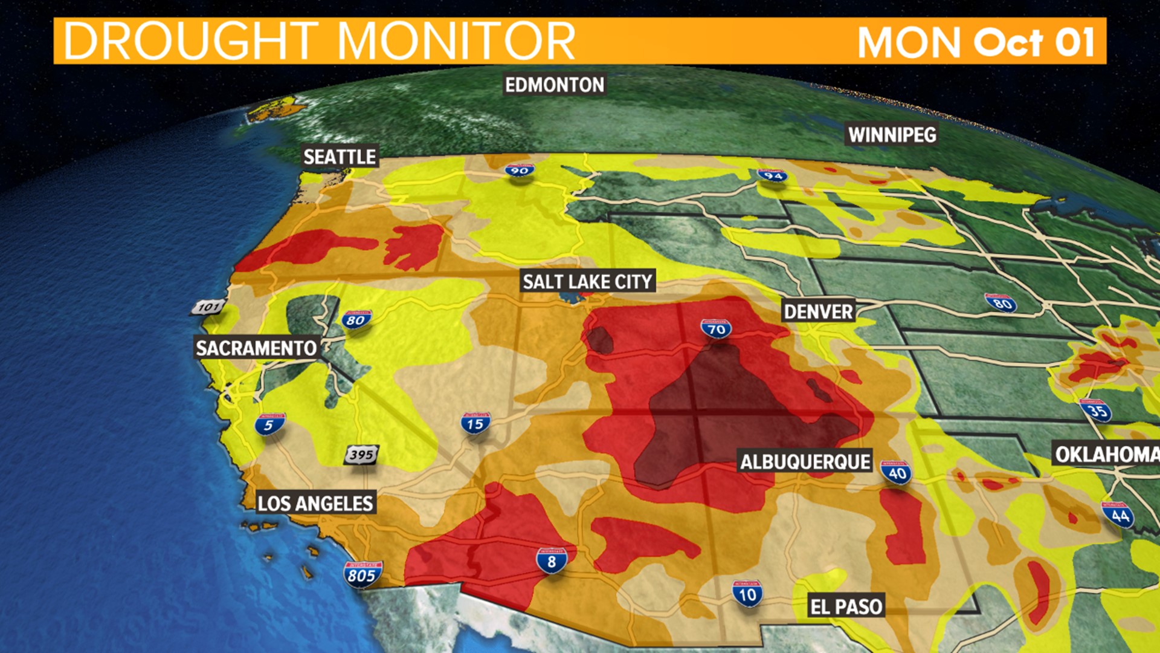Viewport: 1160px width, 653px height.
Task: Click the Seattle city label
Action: point(340,157)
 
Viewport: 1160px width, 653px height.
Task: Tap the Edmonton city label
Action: point(555,85)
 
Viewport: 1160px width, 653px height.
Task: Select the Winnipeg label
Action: point(892,135)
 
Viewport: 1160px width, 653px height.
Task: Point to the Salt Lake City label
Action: point(587,282)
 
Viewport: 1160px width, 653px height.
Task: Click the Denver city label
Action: point(818,312)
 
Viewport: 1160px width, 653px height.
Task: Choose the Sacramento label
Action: point(256,348)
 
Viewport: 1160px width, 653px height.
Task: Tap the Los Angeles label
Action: point(315,503)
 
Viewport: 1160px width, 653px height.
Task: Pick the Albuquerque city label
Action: point(805,463)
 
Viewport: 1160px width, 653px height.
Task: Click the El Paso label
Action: point(846,606)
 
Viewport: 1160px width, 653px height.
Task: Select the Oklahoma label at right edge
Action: point(1106,454)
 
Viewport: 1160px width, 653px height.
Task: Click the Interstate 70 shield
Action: point(717,329)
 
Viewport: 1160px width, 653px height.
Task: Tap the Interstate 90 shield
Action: point(520,171)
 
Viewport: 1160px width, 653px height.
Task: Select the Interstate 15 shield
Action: point(475,424)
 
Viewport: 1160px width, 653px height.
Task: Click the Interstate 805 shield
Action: point(362,574)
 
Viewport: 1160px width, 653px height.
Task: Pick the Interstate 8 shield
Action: point(551,560)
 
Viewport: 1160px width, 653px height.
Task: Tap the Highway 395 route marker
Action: point(361,455)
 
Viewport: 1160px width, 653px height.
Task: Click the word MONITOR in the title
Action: point(456,41)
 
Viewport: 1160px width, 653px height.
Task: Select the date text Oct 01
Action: point(1034,42)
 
